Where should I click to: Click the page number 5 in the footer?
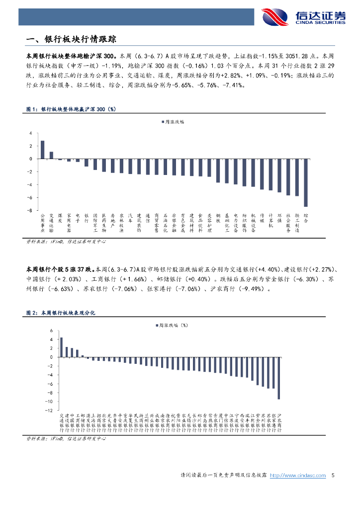point(333,475)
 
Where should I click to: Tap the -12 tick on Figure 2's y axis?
point(48,411)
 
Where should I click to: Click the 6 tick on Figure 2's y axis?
point(50,331)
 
